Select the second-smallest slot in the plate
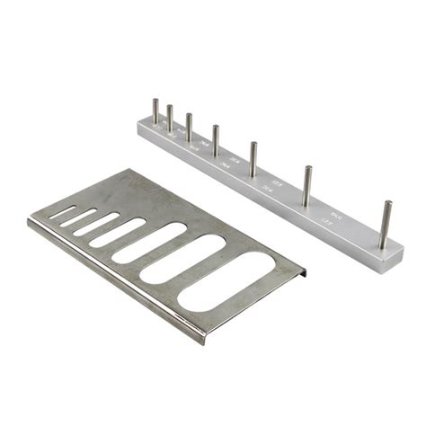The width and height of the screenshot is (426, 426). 78,218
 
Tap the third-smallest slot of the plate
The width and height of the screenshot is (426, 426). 96,224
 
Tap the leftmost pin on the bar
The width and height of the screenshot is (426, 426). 155,111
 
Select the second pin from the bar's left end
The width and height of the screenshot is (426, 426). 169,118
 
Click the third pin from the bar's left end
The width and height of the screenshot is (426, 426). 189,127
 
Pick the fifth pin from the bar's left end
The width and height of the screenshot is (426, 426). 253,156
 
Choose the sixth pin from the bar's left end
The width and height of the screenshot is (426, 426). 306,183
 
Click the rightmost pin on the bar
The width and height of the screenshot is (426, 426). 385,225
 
